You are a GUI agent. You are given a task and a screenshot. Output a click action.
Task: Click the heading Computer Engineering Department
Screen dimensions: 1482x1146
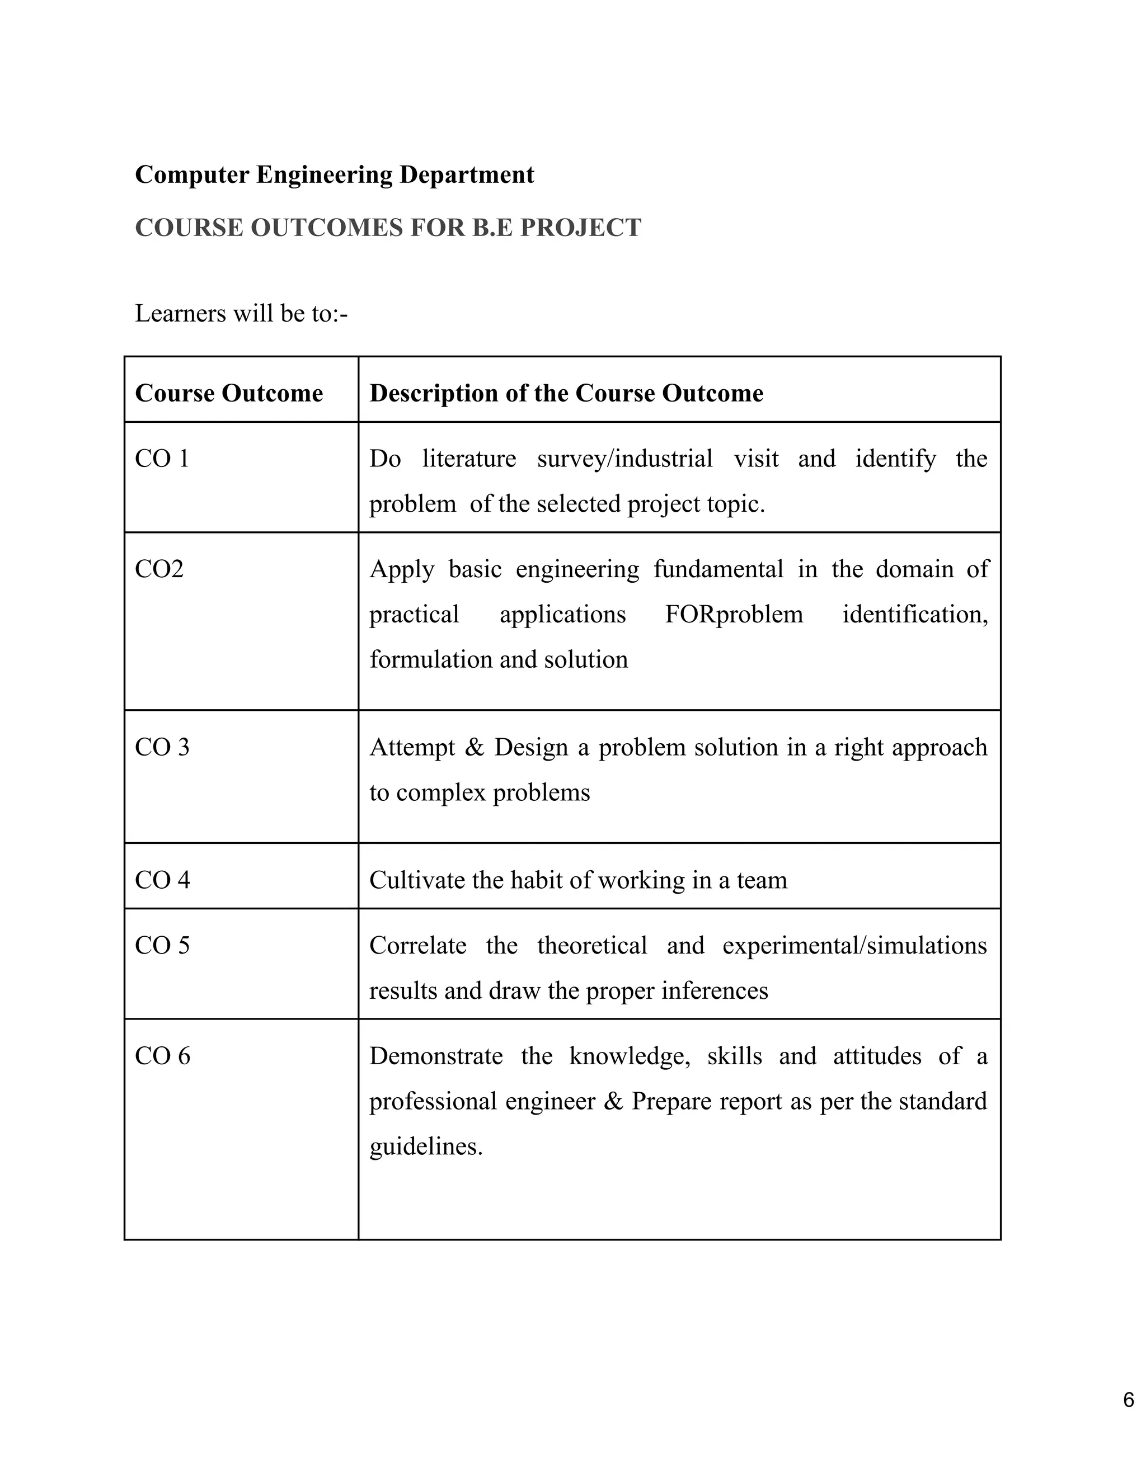(x=334, y=175)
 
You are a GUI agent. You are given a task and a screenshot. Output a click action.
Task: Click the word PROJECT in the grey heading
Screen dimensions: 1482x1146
(x=580, y=228)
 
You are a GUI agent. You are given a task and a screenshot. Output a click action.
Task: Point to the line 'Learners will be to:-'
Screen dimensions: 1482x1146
(x=241, y=314)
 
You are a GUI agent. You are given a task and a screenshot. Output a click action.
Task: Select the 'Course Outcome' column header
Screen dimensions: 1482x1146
(x=229, y=394)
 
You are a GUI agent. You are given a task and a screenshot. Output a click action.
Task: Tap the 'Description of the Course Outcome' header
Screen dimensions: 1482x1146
(x=566, y=394)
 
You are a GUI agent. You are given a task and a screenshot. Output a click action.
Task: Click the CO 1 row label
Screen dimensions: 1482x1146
(x=162, y=459)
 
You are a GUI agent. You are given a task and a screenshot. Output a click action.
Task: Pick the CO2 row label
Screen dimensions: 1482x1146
(x=159, y=569)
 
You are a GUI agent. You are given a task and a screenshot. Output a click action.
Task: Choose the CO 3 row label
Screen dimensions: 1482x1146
(x=162, y=748)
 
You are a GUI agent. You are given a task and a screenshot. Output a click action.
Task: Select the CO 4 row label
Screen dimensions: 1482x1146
(x=162, y=881)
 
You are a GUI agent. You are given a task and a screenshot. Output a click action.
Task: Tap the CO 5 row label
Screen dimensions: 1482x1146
(x=162, y=946)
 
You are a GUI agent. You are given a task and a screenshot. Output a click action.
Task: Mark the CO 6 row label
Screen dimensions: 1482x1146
(x=162, y=1056)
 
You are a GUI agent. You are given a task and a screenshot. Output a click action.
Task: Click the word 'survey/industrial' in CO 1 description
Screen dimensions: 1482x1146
(x=624, y=459)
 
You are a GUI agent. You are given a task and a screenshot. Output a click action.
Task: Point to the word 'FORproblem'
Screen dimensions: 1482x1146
(x=734, y=615)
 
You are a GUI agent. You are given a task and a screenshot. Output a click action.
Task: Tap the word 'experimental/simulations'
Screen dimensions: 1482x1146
(x=854, y=946)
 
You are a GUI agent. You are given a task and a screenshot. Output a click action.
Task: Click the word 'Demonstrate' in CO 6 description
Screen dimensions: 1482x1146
(x=436, y=1056)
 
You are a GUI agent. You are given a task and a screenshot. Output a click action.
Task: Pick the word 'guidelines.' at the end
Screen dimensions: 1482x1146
(x=426, y=1147)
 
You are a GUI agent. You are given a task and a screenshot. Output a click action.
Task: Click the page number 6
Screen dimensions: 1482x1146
(x=1128, y=1400)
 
